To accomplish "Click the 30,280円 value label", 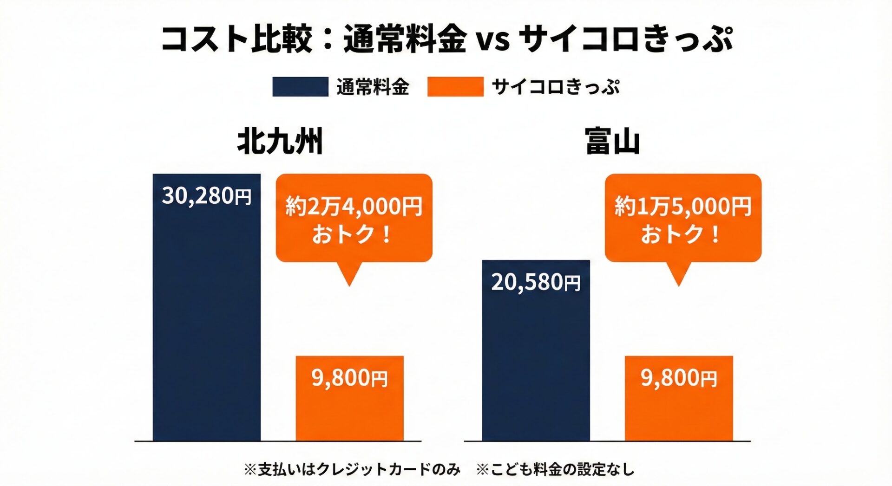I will pyautogui.click(x=206, y=196).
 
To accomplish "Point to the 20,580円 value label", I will pyautogui.click(x=536, y=282).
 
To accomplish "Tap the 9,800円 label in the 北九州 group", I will pyautogui.click(x=349, y=378).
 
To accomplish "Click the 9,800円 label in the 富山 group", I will pyautogui.click(x=679, y=378).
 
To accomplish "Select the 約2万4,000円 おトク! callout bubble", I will pyautogui.click(x=354, y=218).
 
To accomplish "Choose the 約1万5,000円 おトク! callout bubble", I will pyautogui.click(x=683, y=218).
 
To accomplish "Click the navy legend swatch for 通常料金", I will pyautogui.click(x=300, y=87).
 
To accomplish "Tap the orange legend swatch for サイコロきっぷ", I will pyautogui.click(x=455, y=87).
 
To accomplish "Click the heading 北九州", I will pyautogui.click(x=280, y=142).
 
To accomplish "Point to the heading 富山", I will pyautogui.click(x=612, y=142).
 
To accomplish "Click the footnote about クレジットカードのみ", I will pyautogui.click(x=352, y=469).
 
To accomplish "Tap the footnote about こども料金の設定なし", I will pyautogui.click(x=555, y=469).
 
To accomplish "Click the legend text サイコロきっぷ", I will pyautogui.click(x=555, y=87).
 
